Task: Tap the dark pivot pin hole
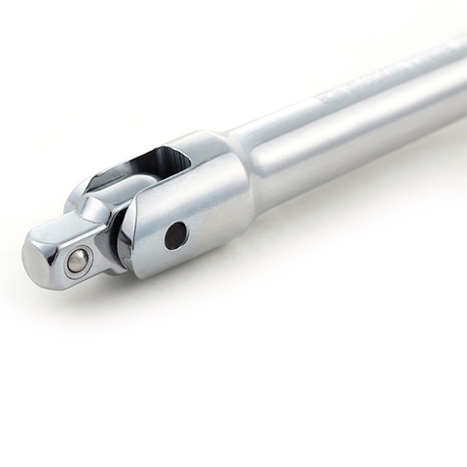click(x=176, y=235)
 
